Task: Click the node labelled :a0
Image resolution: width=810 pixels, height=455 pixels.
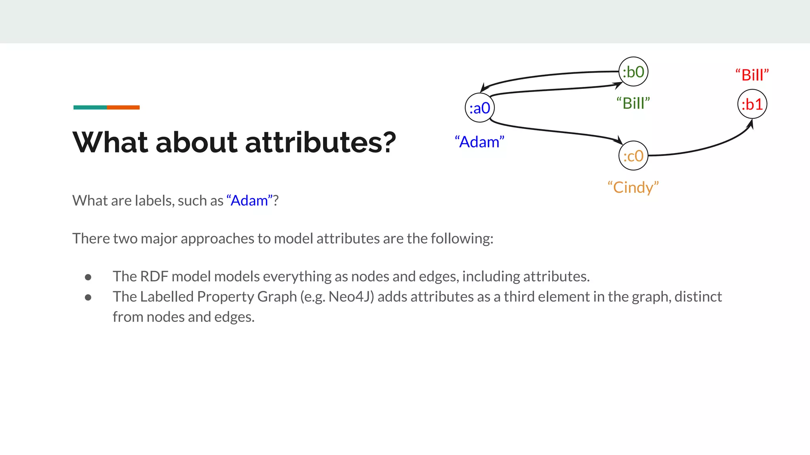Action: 479,108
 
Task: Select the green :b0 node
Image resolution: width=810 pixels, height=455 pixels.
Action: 633,72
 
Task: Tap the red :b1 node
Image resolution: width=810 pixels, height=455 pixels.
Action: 752,104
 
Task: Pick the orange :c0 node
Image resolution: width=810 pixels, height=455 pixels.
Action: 633,156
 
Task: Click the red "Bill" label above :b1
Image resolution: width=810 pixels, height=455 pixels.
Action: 752,75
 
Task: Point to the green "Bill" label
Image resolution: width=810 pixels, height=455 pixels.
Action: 633,103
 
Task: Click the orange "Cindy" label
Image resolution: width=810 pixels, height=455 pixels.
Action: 633,187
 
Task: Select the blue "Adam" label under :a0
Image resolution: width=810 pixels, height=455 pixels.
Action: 479,142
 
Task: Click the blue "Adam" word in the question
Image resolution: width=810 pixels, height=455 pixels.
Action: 250,201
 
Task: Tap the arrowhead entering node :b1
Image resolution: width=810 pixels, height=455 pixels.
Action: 751,124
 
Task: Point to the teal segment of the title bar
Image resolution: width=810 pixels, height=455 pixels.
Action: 90,107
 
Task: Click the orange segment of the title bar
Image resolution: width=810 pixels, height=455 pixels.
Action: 123,107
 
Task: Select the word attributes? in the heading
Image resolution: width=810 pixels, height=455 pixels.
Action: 320,142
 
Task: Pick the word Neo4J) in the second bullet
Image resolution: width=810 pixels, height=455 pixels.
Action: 351,297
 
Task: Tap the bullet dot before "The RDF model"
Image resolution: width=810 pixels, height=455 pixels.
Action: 88,277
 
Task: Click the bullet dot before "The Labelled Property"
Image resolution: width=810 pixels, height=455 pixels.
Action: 88,297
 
